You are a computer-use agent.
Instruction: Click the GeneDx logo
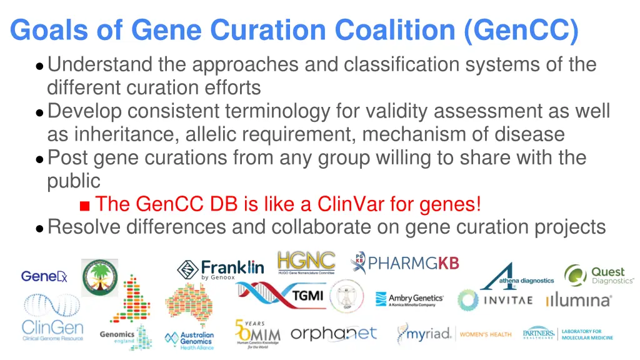[x=44, y=276]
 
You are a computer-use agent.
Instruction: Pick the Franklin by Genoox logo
[x=221, y=269]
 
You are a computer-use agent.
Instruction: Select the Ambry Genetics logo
[x=409, y=300]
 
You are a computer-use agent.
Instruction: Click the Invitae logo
[x=495, y=300]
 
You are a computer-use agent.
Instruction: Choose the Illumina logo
[x=578, y=301]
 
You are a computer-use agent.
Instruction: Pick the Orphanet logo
[x=334, y=334]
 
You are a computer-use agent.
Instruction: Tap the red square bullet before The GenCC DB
[x=85, y=205]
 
